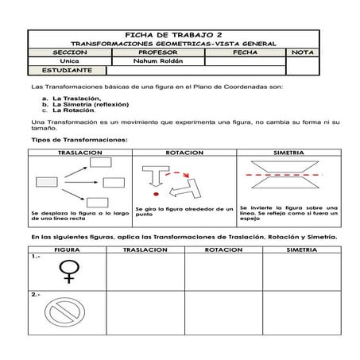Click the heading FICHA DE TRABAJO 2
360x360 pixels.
(173, 35)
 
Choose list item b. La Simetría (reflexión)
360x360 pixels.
(89, 103)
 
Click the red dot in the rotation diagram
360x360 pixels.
(157, 193)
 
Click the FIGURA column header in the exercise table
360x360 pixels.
(67, 249)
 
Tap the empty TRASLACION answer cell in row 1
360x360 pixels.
(145, 271)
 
